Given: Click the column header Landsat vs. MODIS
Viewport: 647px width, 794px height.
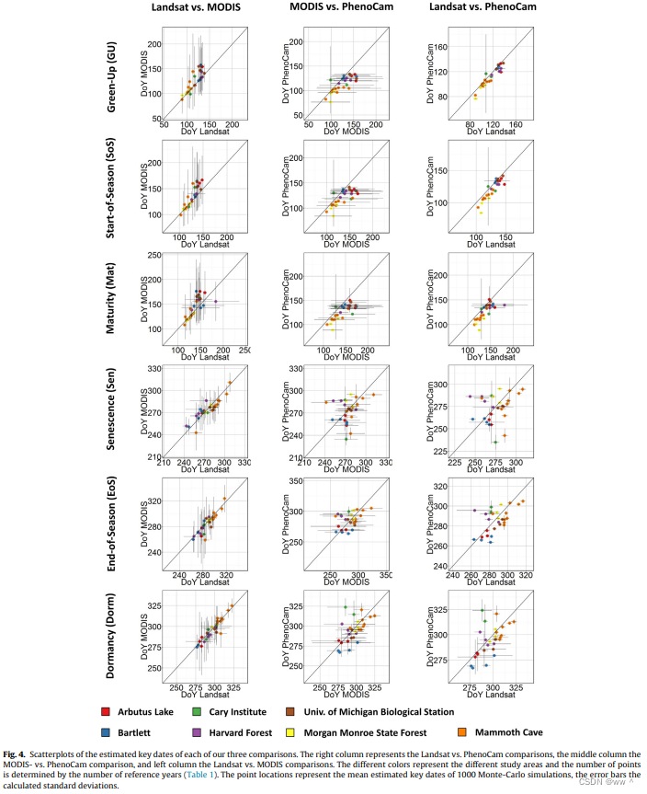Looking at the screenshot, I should click(193, 8).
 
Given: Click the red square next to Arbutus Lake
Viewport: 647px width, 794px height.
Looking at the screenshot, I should click(107, 711).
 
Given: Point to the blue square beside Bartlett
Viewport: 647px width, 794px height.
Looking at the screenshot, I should click(107, 733).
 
